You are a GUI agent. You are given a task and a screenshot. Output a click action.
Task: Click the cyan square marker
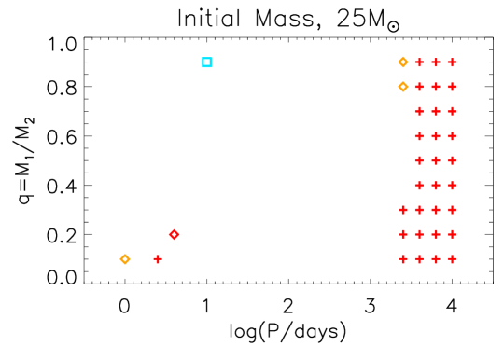click(x=207, y=62)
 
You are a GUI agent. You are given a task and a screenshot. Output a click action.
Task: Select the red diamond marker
click(x=175, y=234)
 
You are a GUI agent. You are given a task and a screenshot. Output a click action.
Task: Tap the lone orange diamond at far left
click(x=125, y=259)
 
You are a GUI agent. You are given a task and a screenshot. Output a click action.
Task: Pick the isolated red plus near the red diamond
click(x=158, y=259)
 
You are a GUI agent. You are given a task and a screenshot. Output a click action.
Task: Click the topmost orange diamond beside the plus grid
click(x=403, y=62)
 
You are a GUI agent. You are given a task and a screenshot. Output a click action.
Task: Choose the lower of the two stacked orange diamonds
click(x=403, y=87)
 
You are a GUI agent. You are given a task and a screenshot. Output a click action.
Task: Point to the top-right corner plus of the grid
click(x=452, y=62)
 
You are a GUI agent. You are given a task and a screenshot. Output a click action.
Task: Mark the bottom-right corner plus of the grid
click(x=452, y=259)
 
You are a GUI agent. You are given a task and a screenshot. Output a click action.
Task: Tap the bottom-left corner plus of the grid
click(x=403, y=259)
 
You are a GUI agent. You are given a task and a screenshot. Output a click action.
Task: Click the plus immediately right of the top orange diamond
click(x=419, y=62)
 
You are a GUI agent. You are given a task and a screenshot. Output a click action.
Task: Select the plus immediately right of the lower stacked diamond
click(x=419, y=87)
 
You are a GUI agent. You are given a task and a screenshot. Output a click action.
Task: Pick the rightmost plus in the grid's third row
click(x=452, y=111)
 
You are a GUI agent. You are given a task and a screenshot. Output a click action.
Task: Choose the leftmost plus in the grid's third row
click(x=419, y=111)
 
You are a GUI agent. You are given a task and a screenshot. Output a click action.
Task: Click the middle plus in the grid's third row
click(x=436, y=111)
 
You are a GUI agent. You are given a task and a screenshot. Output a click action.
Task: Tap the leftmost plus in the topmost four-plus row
click(x=403, y=210)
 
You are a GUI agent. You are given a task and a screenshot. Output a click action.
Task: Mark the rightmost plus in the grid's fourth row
click(x=452, y=136)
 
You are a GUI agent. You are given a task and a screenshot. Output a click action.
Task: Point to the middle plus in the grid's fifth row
click(x=436, y=160)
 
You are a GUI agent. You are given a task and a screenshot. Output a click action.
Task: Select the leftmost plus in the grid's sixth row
click(x=419, y=186)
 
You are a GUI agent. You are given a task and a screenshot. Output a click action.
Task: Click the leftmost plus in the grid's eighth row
click(x=403, y=234)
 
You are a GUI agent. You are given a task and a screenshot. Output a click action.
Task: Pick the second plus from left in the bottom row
click(x=419, y=259)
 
